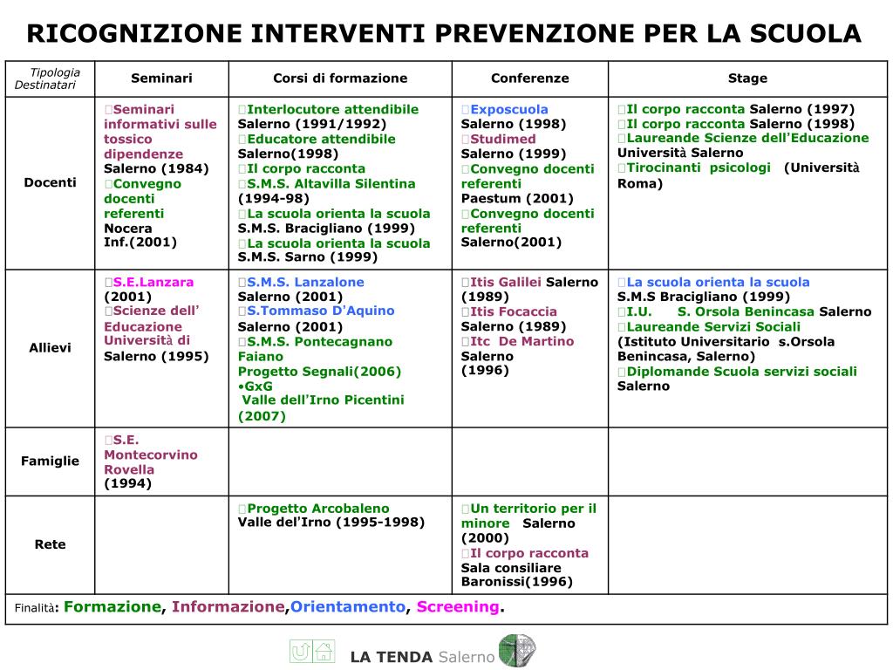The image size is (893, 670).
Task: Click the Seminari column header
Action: (x=161, y=79)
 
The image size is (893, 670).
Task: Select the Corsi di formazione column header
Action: (x=340, y=79)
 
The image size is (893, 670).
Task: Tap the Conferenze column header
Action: (x=529, y=79)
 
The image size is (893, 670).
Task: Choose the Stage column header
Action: (x=747, y=79)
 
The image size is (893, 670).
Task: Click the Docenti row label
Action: (x=50, y=182)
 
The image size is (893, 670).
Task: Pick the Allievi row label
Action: (x=50, y=348)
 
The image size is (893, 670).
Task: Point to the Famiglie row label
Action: (x=50, y=461)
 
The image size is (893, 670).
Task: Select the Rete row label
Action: (x=50, y=544)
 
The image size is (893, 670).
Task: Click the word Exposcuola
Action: (x=509, y=110)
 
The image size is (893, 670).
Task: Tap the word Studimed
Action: (x=503, y=140)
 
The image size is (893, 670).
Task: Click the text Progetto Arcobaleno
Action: (x=318, y=509)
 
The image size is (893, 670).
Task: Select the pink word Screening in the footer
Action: (x=458, y=607)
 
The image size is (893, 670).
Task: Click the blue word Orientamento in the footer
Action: (x=348, y=607)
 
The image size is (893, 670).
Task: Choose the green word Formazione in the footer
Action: (x=112, y=607)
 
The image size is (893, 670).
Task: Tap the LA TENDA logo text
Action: (x=392, y=657)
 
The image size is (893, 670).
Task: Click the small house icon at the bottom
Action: (x=324, y=651)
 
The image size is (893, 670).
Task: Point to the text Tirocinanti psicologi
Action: (x=699, y=167)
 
